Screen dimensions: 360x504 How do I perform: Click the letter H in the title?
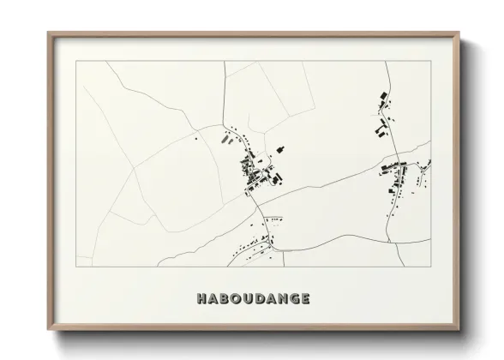[201, 299]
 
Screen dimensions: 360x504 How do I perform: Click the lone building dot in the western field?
[196, 138]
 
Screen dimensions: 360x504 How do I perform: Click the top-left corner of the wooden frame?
[49, 33]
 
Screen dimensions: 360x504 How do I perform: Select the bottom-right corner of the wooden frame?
[459, 330]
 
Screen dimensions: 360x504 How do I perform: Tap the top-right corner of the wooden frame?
[459, 33]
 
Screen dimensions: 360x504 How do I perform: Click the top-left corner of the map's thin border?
[77, 62]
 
